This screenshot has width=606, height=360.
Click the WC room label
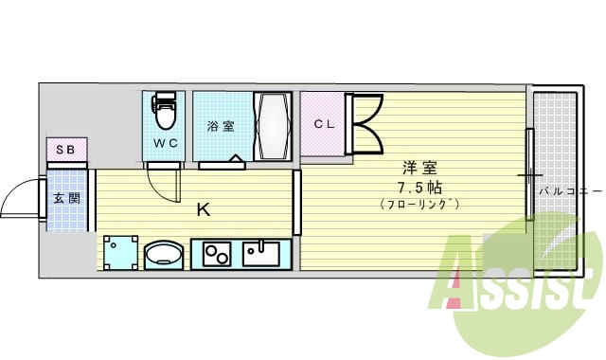coord(166,143)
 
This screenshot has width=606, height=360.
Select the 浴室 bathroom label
coord(221,125)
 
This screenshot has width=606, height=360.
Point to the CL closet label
coord(324,123)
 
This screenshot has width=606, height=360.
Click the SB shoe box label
coord(66,150)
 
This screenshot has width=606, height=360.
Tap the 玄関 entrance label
coord(66,198)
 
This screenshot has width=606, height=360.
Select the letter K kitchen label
coord(203,209)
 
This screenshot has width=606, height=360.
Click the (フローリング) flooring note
coord(419,204)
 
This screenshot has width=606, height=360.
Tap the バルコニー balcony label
coord(571,190)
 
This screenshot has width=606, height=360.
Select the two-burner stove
coord(217,254)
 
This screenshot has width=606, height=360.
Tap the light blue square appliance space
coord(120,254)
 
